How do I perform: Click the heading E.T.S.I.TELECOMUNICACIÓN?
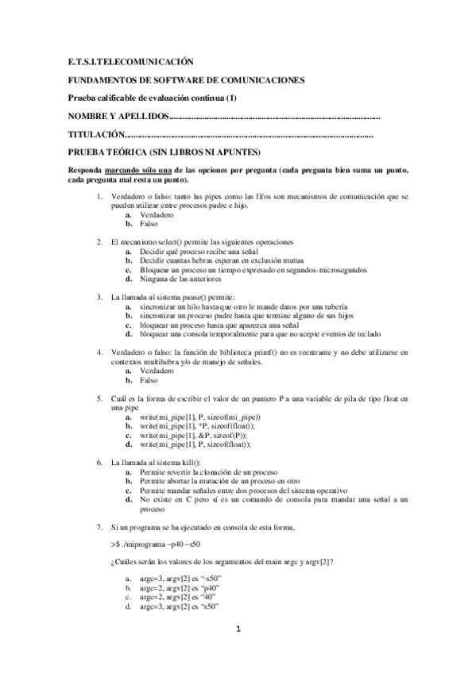click(x=130, y=60)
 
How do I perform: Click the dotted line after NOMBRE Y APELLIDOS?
click(x=275, y=117)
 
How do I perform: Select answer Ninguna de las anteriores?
click(x=180, y=279)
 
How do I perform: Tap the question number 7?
click(x=99, y=527)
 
